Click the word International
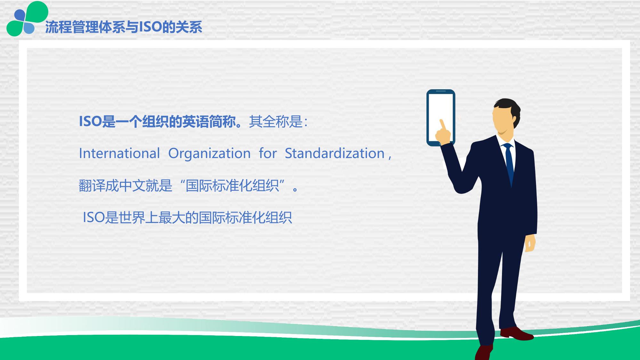click(x=119, y=153)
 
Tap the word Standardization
click(x=335, y=153)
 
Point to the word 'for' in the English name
click(x=268, y=153)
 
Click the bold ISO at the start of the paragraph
click(x=90, y=121)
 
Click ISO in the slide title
click(x=150, y=27)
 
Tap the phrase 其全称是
click(x=276, y=121)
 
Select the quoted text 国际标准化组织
click(x=232, y=186)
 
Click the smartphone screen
click(x=441, y=117)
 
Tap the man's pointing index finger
click(x=443, y=125)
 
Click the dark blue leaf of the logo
click(x=20, y=15)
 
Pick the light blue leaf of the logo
click(x=29, y=28)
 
